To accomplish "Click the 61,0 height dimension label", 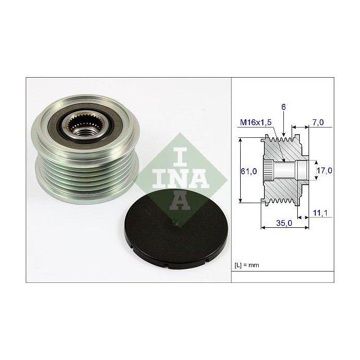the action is point(249,171).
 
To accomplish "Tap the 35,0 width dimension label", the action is point(284,223).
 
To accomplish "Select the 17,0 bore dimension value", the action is point(325,171).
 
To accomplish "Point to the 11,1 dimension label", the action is point(320,213).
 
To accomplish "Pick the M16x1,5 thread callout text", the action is point(256,122).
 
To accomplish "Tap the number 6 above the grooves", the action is point(283,107).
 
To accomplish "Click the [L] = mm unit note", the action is point(247,265).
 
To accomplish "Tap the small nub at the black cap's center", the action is point(175,223).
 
